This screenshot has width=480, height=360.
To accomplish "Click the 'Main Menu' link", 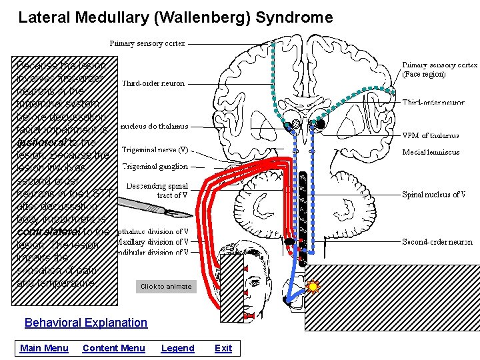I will click(44, 348).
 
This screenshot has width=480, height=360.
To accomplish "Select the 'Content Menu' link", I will click(113, 348).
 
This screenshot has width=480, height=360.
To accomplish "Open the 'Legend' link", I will click(177, 348).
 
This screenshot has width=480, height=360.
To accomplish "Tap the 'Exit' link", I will click(223, 348).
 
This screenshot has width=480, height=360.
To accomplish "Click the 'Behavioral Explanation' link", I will click(85, 323).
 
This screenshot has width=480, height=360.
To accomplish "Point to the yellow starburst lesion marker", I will click(313, 287).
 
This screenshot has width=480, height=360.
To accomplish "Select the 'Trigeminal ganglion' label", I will click(155, 166).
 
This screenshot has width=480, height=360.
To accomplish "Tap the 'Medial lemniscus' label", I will click(431, 152).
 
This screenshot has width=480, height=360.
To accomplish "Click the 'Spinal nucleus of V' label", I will click(433, 195).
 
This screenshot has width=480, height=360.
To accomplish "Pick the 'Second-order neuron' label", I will click(437, 242).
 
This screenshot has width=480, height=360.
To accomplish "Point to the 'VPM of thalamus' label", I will click(430, 135).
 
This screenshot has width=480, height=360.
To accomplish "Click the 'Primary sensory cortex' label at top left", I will click(147, 43).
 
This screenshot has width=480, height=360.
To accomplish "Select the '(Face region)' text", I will click(424, 75).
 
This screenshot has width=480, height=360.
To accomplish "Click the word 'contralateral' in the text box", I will click(54, 232).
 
